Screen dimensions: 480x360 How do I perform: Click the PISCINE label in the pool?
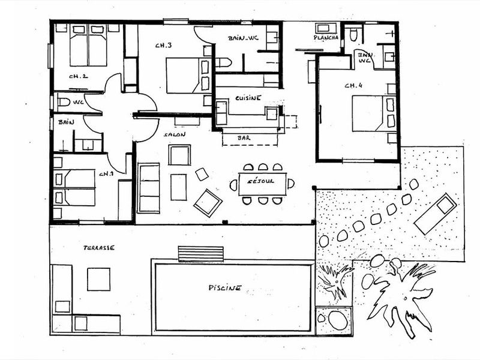[x=225, y=288]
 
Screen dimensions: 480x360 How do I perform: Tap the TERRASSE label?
[x=99, y=248]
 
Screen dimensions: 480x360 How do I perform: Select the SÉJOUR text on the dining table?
[x=260, y=181]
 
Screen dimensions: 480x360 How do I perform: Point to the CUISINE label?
[x=248, y=98]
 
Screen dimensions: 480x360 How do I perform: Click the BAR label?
[x=244, y=138]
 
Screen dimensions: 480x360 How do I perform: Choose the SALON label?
[x=175, y=134]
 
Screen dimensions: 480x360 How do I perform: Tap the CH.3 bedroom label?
[x=163, y=46]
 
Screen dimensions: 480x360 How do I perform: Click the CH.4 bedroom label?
[x=353, y=85]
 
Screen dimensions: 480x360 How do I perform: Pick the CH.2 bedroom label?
[x=79, y=76]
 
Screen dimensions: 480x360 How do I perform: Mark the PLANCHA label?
[x=326, y=37]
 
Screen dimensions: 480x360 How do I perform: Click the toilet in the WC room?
[x=64, y=101]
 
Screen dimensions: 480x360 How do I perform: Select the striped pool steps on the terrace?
[x=201, y=254]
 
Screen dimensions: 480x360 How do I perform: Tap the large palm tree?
[x=401, y=295]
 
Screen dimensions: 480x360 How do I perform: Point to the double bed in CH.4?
[x=374, y=113]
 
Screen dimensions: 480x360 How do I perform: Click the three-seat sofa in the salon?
[x=149, y=188]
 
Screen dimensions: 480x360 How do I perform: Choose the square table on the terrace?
[x=98, y=279]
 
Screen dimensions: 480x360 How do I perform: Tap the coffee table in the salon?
[x=178, y=187]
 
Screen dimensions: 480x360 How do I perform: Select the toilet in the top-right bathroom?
[x=353, y=35]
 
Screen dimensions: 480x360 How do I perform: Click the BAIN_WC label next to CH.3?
[x=243, y=38]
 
